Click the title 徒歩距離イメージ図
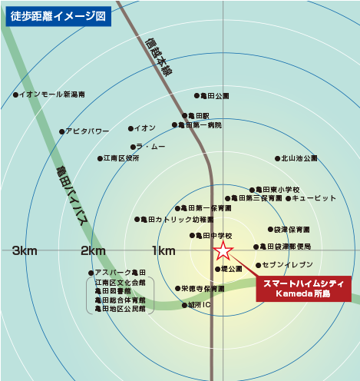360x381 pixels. tap(57, 15)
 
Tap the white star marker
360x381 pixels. tap(223, 250)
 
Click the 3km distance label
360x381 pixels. tap(25, 250)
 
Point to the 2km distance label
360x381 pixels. tap(93, 250)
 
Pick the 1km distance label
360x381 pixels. tap(163, 250)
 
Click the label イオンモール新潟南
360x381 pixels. tap(52, 94)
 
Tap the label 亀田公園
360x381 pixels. tap(214, 96)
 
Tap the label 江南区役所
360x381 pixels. tap(122, 158)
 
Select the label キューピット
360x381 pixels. tap(314, 198)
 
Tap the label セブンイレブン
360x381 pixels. tap(289, 264)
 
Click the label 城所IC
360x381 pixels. tap(198, 305)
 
